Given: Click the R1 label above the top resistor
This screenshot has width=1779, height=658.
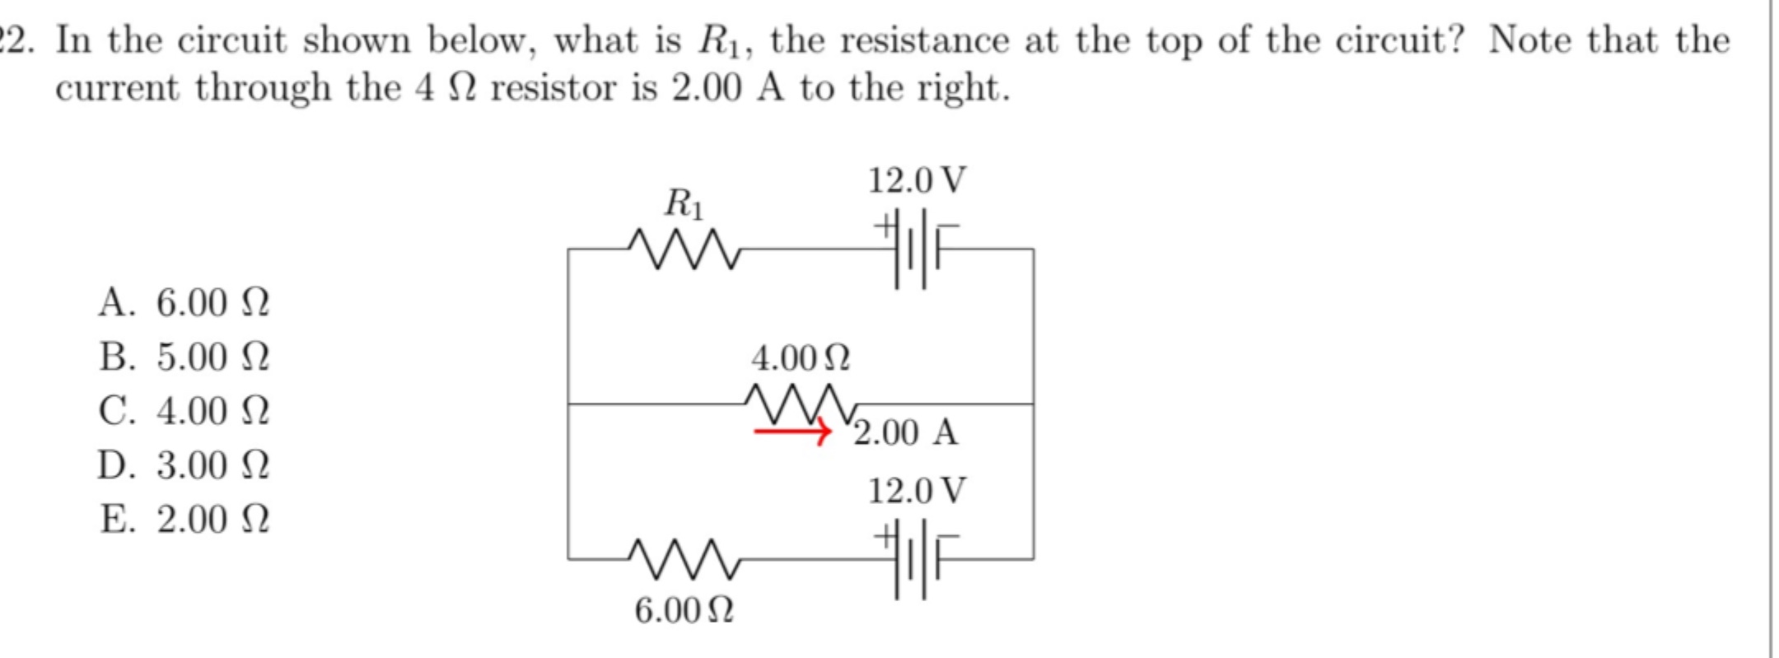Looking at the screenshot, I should click(x=684, y=203).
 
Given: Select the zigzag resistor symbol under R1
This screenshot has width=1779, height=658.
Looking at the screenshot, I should click(x=684, y=249).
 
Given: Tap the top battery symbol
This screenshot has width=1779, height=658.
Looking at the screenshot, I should click(x=917, y=249).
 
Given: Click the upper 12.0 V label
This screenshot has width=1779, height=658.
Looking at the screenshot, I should click(x=917, y=180).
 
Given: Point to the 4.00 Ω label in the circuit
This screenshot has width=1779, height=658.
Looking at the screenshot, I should click(x=800, y=358).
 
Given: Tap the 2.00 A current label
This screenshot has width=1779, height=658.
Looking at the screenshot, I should click(x=905, y=432).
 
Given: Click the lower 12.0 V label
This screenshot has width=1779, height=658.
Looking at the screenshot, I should click(x=917, y=491).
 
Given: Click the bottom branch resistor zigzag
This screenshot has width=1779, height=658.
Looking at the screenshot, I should click(x=684, y=559).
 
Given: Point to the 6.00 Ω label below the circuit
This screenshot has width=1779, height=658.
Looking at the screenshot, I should click(x=684, y=611).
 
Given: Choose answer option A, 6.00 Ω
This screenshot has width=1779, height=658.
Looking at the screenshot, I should click(x=184, y=303).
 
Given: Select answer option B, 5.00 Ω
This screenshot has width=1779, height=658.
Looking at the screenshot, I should click(x=184, y=357).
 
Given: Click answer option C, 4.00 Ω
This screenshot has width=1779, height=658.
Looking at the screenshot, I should click(x=184, y=411).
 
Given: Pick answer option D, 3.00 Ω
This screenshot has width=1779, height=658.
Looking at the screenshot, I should click(x=184, y=465).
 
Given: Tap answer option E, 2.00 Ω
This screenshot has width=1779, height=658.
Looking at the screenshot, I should click(x=184, y=520).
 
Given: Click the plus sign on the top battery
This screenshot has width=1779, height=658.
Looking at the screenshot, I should click(x=885, y=225).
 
